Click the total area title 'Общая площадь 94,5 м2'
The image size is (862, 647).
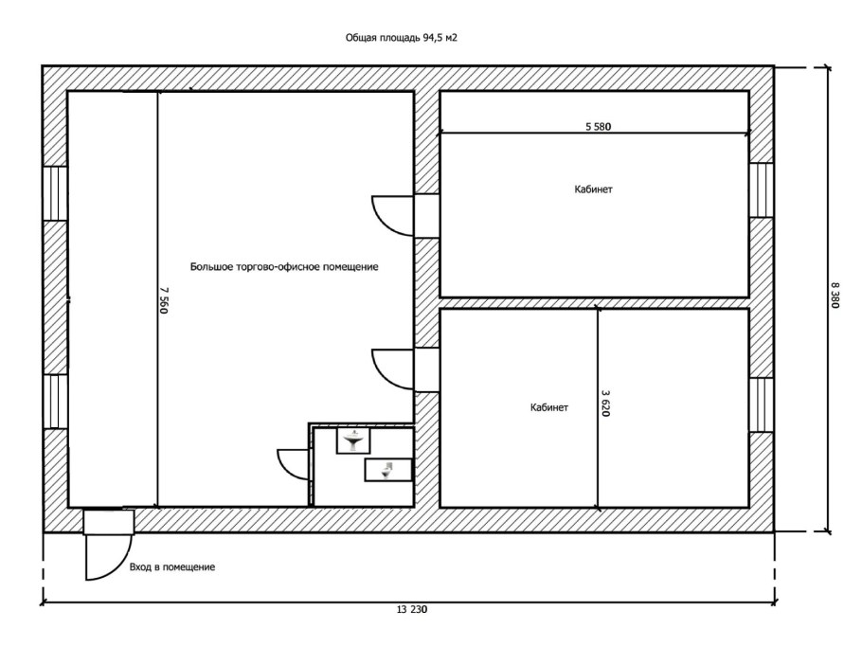402,38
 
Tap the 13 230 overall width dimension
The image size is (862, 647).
411,609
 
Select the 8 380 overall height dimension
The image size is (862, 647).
835,296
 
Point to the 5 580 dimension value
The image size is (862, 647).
598,126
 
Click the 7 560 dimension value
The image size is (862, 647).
163,300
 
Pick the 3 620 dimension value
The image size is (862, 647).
606,403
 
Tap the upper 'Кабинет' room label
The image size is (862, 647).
593,189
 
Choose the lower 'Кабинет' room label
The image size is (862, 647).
549,408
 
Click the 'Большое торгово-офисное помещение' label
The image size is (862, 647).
284,267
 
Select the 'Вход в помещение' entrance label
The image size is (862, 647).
172,566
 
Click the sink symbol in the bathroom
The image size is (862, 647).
353,440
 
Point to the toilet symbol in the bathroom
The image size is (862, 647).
388,470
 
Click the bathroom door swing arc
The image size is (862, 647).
285,469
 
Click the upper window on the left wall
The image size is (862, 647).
55,193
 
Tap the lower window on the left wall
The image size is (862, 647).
55,402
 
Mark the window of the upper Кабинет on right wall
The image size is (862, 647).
762,189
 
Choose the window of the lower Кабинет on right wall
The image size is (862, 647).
762,405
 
